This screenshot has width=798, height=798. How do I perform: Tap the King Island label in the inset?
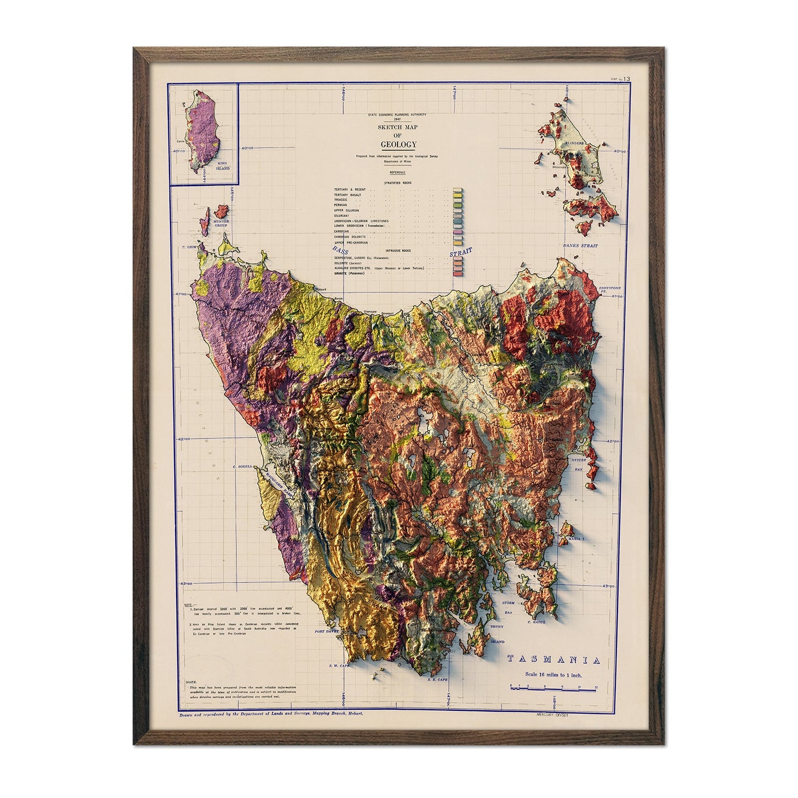(x=223, y=166)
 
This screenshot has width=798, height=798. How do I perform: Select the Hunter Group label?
(x=220, y=224)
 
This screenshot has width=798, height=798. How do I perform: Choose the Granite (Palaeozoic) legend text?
(x=349, y=273)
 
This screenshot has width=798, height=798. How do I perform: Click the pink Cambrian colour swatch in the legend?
(x=457, y=231)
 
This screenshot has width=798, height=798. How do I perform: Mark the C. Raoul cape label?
(x=536, y=622)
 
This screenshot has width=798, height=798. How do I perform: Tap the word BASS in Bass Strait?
(x=341, y=250)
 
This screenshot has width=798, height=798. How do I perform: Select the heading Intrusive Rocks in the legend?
(x=398, y=251)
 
